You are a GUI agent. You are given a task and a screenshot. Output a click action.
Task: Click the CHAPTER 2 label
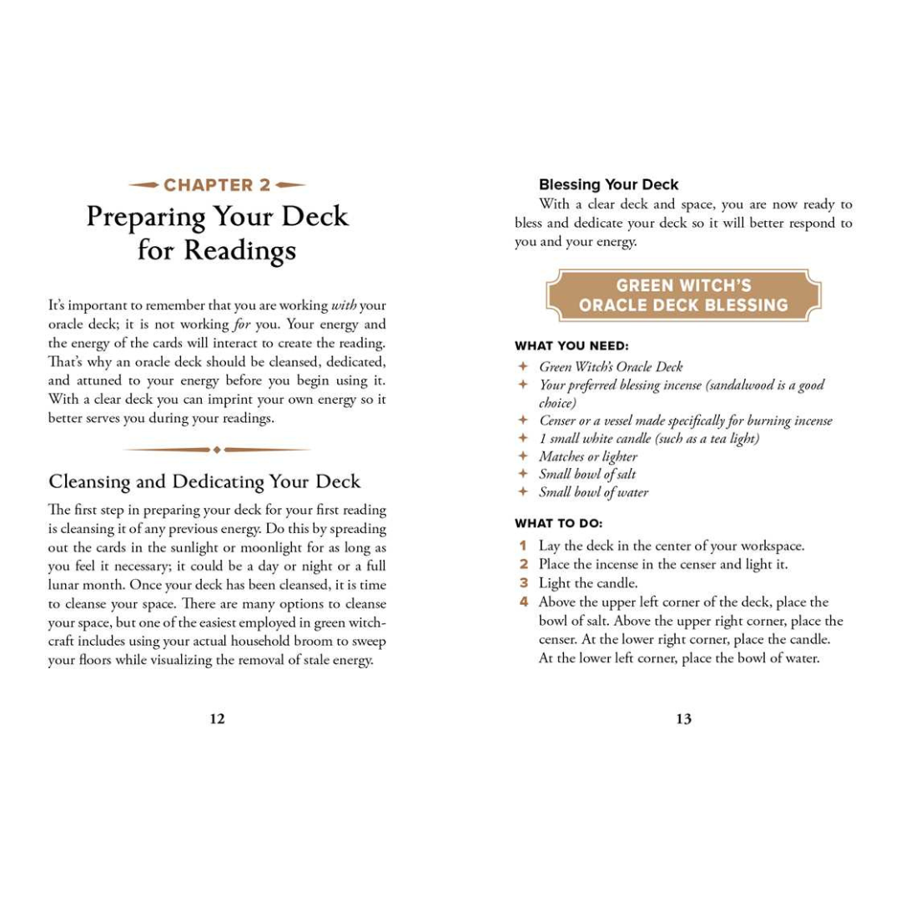(x=217, y=185)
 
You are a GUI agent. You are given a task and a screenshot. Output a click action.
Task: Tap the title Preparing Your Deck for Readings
(x=217, y=233)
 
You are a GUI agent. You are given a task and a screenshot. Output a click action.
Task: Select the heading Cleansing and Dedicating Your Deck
(x=204, y=481)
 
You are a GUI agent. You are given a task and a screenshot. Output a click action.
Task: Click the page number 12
(x=217, y=719)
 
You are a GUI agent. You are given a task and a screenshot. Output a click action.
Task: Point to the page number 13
(x=683, y=719)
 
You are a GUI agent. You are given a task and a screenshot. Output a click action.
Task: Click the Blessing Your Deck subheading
(x=608, y=184)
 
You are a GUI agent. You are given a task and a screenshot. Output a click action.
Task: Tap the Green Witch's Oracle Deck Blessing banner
(x=683, y=295)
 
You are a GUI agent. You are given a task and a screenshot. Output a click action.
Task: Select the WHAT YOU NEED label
(x=571, y=345)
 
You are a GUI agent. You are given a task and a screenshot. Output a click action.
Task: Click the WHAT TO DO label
(x=558, y=523)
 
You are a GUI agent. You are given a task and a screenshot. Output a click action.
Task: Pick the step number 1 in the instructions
(x=523, y=546)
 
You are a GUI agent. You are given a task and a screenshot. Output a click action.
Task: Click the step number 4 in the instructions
(x=523, y=602)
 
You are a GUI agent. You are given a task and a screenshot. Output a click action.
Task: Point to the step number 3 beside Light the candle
(x=523, y=583)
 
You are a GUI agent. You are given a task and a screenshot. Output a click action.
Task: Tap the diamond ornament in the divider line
(x=217, y=450)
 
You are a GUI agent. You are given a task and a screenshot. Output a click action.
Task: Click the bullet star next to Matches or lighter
(x=523, y=456)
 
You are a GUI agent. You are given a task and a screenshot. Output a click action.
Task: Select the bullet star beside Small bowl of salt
(x=523, y=474)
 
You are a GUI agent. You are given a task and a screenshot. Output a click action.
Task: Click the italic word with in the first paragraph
(x=345, y=306)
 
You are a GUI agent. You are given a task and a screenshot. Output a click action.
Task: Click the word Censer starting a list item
(x=556, y=420)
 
